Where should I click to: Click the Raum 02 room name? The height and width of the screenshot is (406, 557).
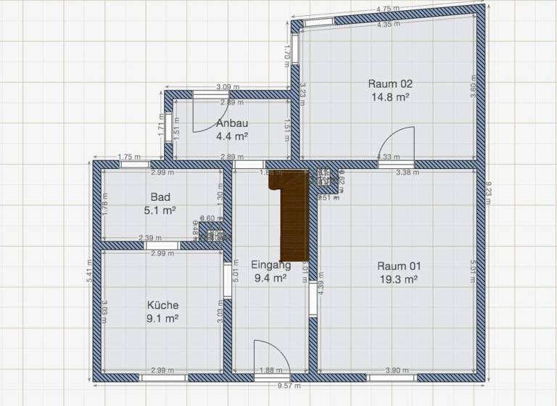click(391, 83)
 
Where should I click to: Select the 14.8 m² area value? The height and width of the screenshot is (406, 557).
click(391, 96)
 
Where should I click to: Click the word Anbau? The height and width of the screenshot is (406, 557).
click(232, 123)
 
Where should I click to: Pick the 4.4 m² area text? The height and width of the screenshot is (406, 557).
click(232, 136)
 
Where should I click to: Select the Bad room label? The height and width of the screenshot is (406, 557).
click(160, 197)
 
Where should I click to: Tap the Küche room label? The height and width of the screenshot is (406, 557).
click(162, 305)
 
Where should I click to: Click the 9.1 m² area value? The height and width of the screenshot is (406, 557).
click(162, 318)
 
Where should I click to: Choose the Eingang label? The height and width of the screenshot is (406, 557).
click(271, 265)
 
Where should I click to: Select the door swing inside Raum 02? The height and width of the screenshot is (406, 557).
click(395, 145)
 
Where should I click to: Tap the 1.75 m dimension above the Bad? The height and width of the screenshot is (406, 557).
click(128, 157)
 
